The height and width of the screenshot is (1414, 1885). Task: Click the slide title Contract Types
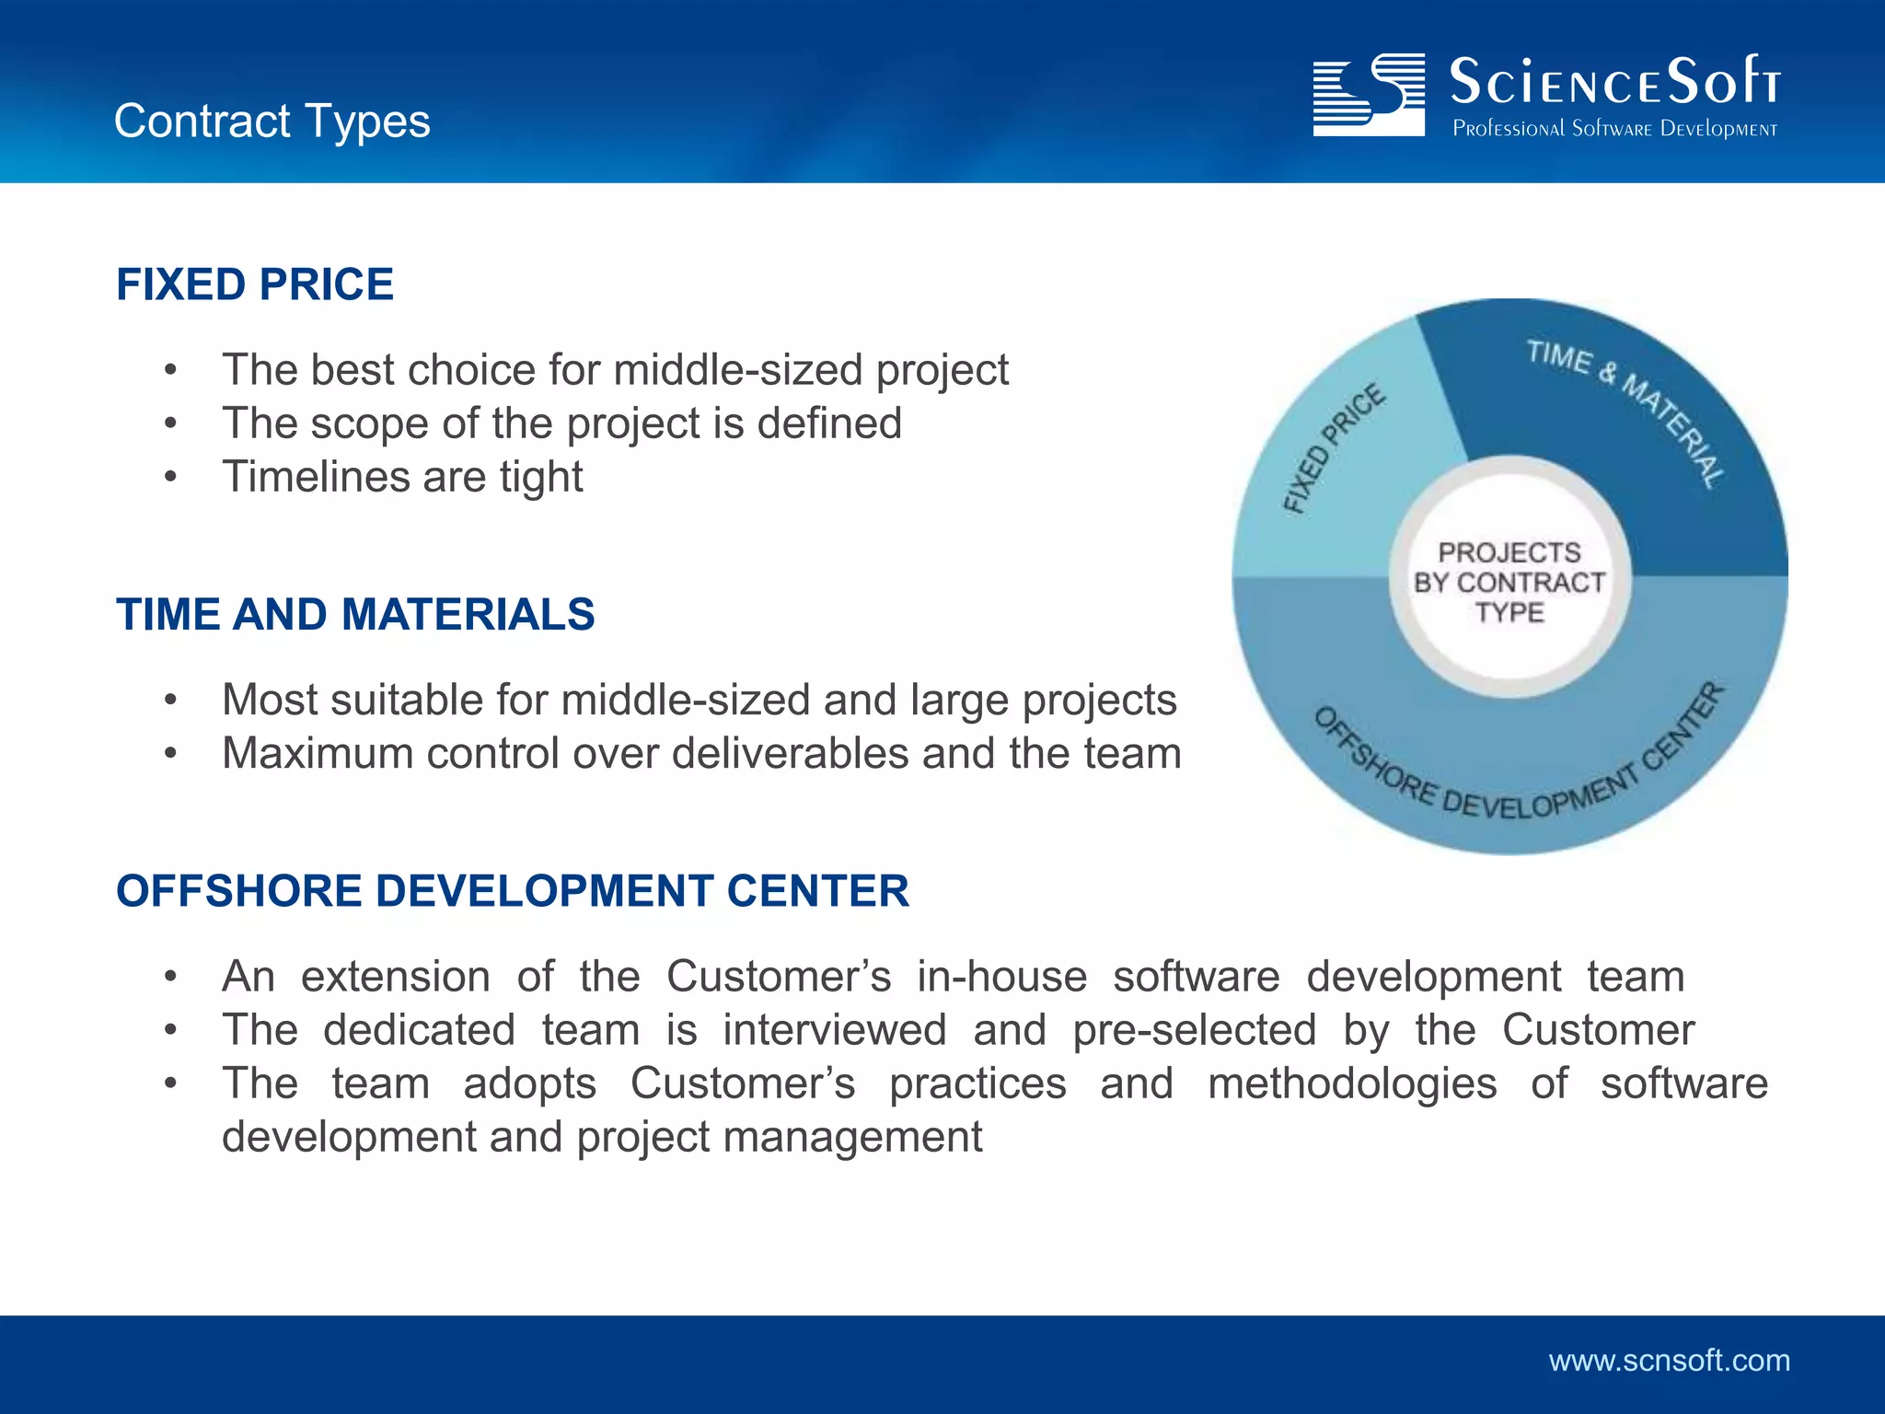(x=272, y=122)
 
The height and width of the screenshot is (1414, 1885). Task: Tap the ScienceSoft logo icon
(x=1369, y=95)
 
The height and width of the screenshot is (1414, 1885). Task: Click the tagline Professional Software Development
(x=1614, y=129)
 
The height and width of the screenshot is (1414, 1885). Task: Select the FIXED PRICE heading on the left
(x=255, y=284)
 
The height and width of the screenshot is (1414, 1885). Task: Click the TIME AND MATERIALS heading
(x=355, y=614)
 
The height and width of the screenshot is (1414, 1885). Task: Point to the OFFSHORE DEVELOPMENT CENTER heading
(x=513, y=891)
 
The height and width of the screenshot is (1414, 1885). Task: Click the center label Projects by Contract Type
(x=1509, y=582)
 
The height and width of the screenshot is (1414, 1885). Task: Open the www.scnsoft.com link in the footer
(x=1669, y=1361)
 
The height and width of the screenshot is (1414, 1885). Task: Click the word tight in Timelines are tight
(x=541, y=477)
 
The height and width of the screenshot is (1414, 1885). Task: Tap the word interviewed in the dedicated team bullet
(x=834, y=1029)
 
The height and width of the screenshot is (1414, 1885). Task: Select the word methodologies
(x=1352, y=1084)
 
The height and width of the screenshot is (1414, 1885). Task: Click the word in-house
(x=1001, y=976)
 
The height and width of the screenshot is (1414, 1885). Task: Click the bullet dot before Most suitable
(x=170, y=701)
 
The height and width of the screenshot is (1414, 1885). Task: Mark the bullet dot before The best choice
(x=170, y=370)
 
